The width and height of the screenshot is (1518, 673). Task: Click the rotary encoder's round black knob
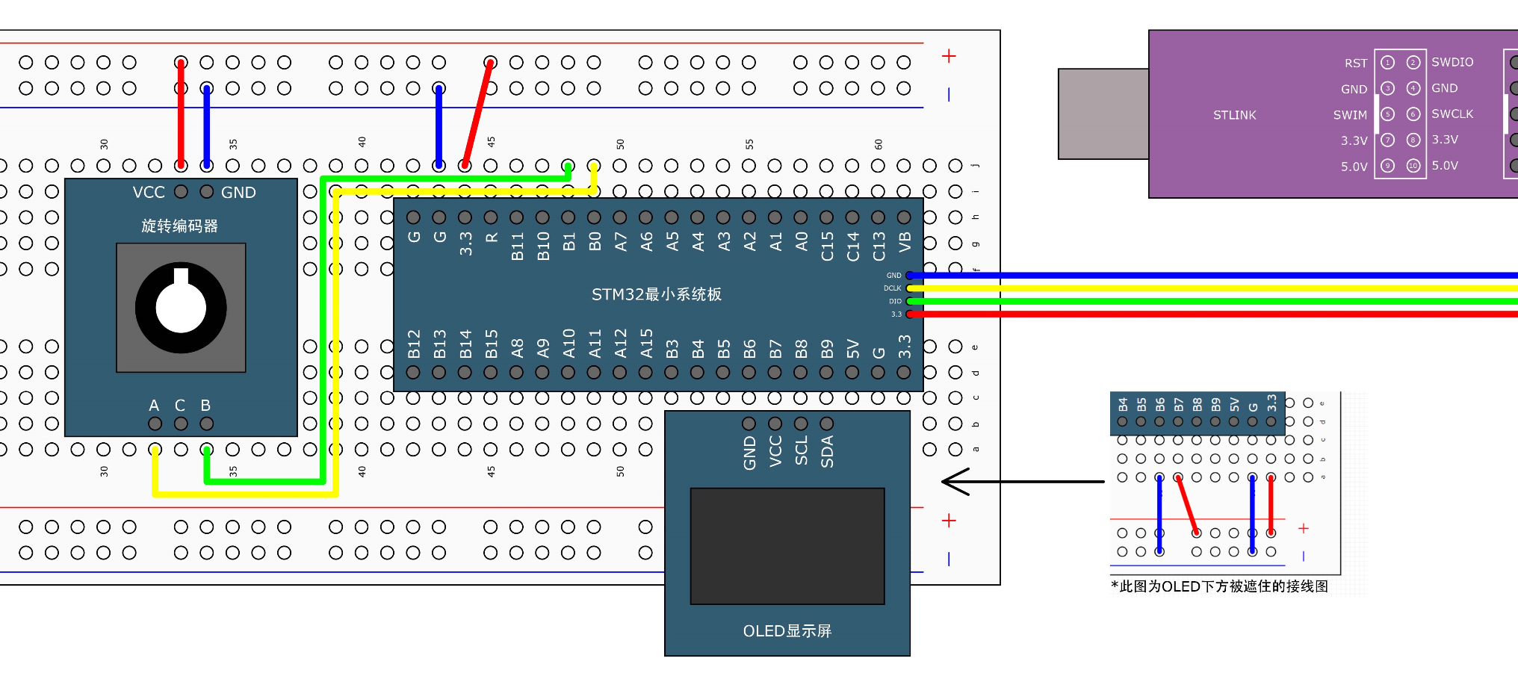(181, 308)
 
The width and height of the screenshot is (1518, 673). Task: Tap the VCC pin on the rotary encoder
(181, 192)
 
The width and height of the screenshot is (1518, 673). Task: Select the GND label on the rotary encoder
(238, 193)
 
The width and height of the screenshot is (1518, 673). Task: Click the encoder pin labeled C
(181, 424)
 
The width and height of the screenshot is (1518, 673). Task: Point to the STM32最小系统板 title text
(657, 294)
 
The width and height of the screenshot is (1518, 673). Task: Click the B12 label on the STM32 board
(415, 344)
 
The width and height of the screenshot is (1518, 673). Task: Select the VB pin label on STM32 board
(905, 242)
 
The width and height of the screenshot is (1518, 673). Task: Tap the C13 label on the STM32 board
(879, 246)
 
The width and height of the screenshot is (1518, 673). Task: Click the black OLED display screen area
(787, 546)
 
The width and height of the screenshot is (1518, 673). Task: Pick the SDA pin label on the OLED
(827, 452)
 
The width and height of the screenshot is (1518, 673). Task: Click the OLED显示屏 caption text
(787, 631)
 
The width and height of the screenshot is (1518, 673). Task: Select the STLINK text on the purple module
(1234, 115)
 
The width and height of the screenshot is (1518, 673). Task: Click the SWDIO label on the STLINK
(1452, 62)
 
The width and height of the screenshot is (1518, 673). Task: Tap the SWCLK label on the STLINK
(1452, 114)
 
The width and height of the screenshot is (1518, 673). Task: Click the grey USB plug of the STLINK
(1103, 114)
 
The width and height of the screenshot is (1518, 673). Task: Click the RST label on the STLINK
(1356, 63)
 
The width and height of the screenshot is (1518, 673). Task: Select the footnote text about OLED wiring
(1219, 586)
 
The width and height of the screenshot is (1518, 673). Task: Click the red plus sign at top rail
(949, 56)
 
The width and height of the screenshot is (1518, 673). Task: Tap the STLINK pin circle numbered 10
(1413, 166)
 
